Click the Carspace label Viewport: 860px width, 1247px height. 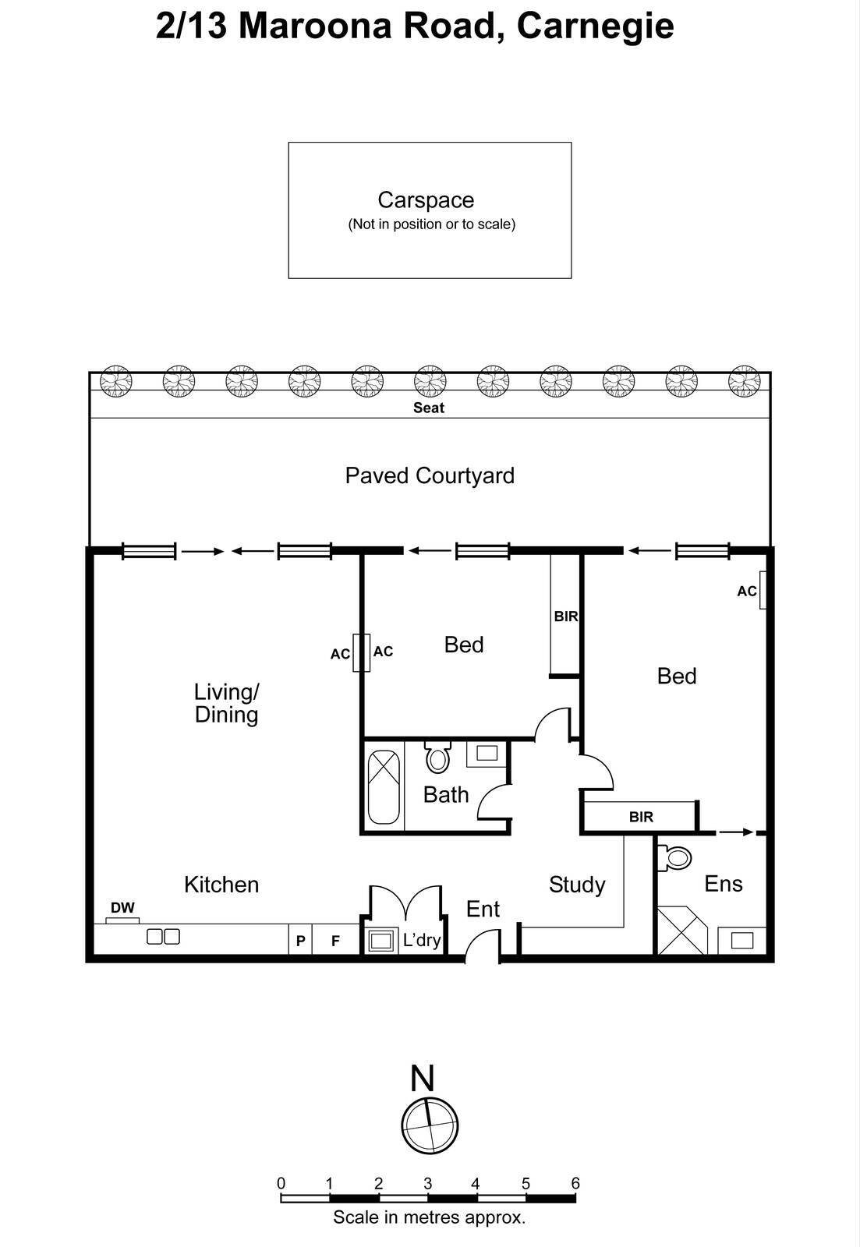(426, 200)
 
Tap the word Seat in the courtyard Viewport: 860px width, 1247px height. (429, 408)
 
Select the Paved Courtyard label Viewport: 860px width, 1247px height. (430, 475)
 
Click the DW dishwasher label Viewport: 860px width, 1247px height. (122, 908)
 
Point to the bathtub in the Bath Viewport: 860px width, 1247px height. (383, 787)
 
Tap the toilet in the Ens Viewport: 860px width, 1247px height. (676, 858)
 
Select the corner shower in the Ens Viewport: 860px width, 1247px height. (681, 931)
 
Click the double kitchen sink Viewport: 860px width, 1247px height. (164, 937)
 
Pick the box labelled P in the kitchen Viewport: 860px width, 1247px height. (300, 941)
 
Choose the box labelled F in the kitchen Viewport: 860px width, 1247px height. (335, 941)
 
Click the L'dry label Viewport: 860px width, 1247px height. (422, 940)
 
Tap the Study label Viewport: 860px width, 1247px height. (577, 885)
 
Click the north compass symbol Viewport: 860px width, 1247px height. (429, 1125)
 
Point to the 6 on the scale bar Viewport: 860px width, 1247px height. (575, 1183)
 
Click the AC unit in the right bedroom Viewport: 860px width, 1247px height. (763, 590)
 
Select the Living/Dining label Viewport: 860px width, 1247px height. (226, 703)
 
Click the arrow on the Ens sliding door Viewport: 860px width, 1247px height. (736, 832)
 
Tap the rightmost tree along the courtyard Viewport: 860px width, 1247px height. (744, 382)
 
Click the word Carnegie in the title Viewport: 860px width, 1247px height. (595, 26)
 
